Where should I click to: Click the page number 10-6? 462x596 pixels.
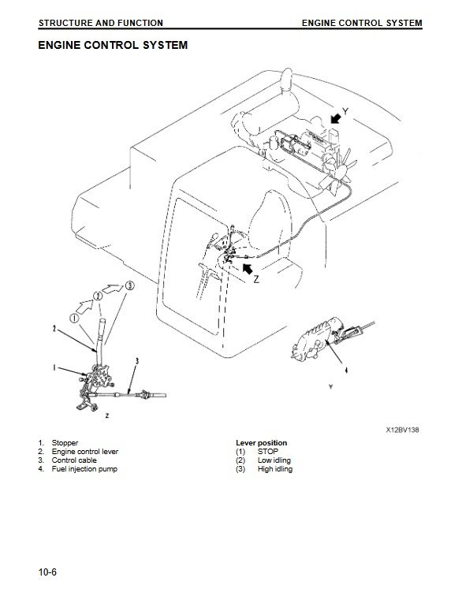(47, 572)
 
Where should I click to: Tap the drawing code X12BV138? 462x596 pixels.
(402, 430)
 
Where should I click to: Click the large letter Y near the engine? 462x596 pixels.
(345, 111)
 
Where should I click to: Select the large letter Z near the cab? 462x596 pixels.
(256, 279)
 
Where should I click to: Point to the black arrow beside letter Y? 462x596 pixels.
(336, 118)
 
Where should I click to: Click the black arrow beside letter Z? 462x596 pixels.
(248, 269)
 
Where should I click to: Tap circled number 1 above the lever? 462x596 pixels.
(74, 318)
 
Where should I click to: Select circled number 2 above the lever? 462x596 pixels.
(98, 296)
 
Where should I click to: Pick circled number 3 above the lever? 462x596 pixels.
(129, 285)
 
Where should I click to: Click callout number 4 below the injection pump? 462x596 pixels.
(346, 370)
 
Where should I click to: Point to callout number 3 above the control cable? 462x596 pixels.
(137, 361)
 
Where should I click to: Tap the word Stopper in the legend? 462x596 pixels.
(65, 443)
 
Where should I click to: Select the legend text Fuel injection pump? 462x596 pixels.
(84, 468)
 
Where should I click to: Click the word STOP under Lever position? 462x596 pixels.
(268, 452)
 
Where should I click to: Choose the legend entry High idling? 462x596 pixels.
(275, 468)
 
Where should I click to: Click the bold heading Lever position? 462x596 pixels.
(261, 443)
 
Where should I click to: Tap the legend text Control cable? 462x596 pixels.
(74, 460)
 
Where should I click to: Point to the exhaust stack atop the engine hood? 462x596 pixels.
(287, 80)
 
